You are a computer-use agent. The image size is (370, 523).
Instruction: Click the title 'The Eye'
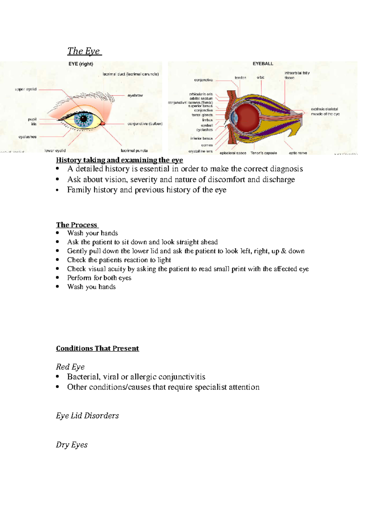(84, 51)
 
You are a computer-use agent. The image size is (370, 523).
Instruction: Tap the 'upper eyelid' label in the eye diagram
(26, 89)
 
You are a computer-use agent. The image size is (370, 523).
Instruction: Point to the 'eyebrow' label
(135, 95)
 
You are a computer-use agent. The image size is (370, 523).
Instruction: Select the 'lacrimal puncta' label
(134, 151)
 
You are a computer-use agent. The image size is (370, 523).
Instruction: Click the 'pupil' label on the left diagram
(32, 119)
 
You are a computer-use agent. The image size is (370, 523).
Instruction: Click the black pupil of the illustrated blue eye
(84, 119)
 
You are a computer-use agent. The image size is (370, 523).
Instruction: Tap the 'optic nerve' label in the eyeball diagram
(298, 153)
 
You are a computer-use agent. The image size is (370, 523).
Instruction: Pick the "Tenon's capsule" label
(264, 153)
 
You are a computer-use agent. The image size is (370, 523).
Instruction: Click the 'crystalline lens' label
(201, 151)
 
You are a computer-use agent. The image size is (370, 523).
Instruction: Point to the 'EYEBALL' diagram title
(263, 64)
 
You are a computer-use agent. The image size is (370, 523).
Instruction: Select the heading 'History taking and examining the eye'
(119, 160)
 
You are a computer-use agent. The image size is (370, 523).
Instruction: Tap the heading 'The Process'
(76, 225)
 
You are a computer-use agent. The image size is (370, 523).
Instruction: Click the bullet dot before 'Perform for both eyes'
(57, 278)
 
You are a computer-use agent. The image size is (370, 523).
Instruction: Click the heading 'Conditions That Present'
(97, 348)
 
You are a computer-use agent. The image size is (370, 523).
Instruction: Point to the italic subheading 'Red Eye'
(70, 367)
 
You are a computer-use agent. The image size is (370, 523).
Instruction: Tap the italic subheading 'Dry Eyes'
(72, 445)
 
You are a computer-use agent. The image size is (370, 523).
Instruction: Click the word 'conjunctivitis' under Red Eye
(182, 377)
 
